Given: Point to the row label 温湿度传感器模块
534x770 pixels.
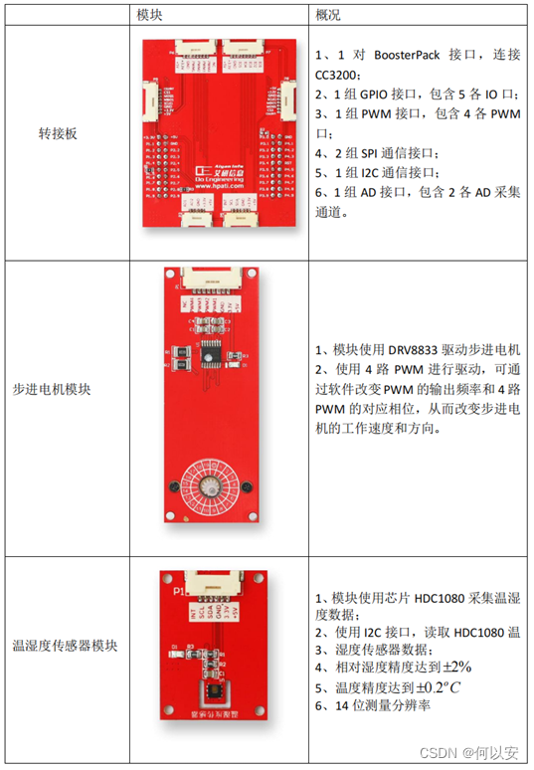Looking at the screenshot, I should click(65, 645).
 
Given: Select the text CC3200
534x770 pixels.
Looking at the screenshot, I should click(339, 74).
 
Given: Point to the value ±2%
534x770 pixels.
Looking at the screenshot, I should click(452, 666).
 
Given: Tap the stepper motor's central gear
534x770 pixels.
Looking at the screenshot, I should click(211, 485).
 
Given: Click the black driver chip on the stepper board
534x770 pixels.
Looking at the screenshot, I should click(211, 350).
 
